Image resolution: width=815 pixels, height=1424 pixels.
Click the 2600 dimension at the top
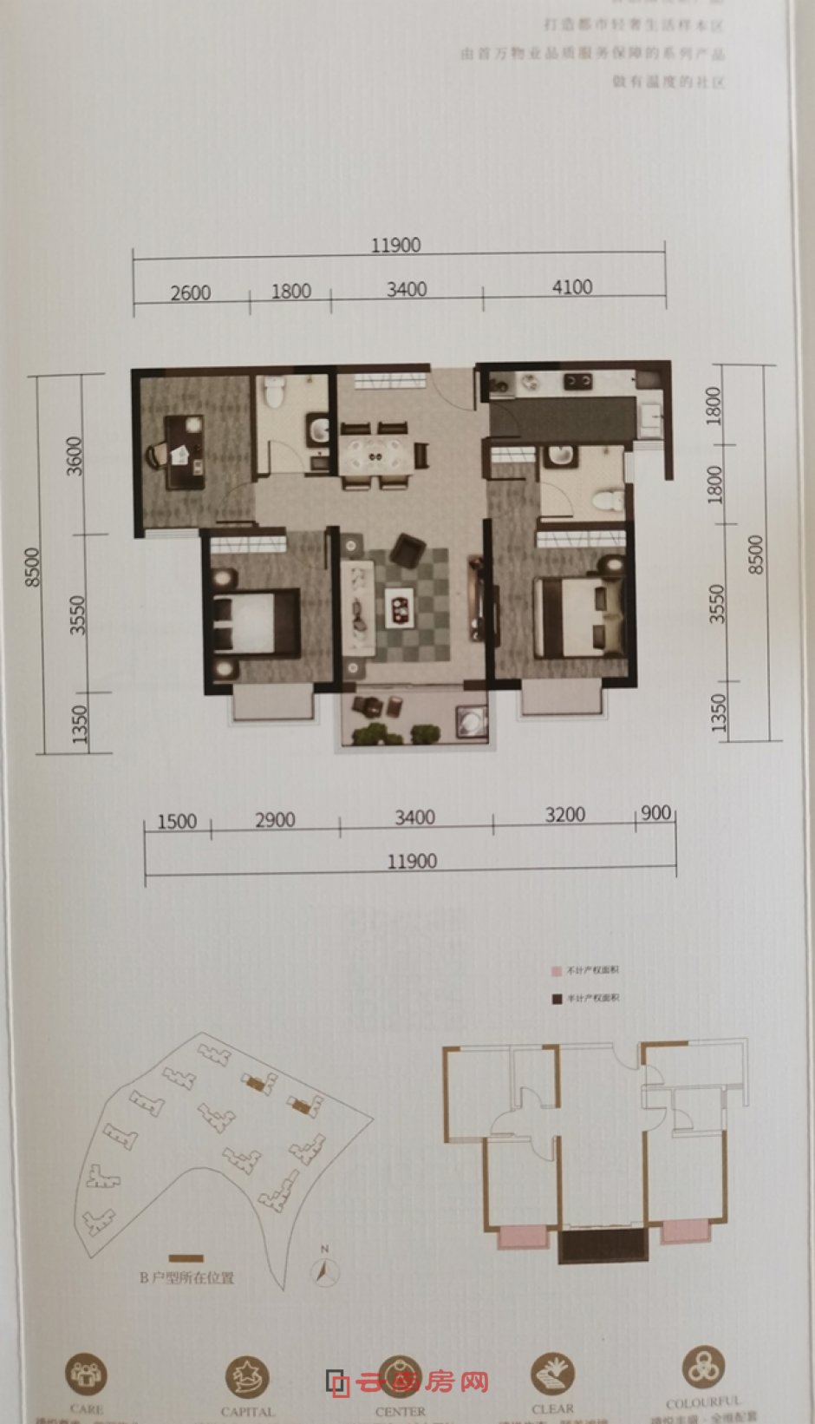190,292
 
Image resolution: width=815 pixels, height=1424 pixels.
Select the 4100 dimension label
572,287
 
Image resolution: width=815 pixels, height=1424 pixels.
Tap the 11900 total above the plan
395,246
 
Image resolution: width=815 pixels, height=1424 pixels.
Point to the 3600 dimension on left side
75,456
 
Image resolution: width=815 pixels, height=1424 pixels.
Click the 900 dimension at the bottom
656,813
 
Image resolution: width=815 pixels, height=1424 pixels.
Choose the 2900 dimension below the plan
275,820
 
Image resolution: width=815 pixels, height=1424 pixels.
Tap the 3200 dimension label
564,815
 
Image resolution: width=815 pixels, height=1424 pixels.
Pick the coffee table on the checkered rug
401,605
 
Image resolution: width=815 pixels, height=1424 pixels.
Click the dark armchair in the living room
407,550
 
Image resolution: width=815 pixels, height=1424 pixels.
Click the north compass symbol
325,1270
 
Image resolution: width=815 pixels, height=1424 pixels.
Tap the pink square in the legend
557,971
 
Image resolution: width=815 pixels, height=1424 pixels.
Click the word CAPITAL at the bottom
247,1412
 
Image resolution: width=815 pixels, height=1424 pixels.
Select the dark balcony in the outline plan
603,1245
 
